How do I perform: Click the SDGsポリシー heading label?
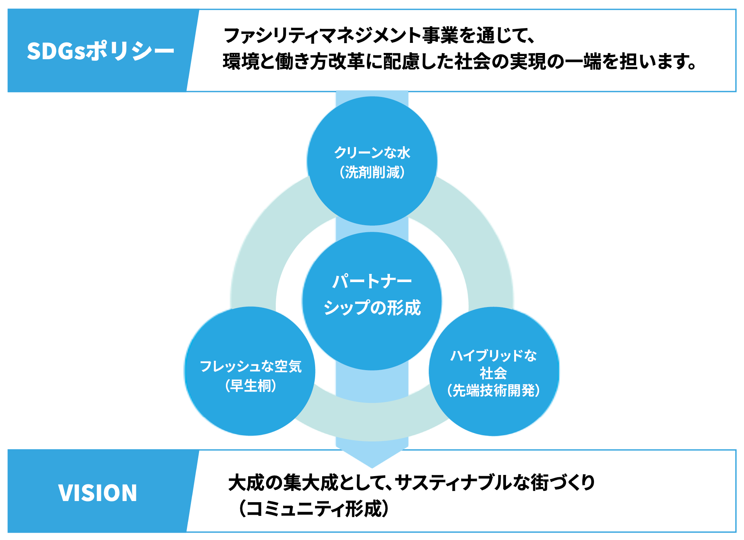pos(100,51)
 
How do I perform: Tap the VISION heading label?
pos(97,492)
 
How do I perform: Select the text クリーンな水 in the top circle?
pos(372,153)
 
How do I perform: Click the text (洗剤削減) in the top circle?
pos(372,172)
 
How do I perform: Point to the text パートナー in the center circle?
pos(372,281)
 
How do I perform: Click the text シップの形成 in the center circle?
pos(372,307)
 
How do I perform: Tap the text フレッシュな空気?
pos(250,366)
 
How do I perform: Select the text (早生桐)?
pos(250,386)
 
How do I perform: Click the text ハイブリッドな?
pos(493,355)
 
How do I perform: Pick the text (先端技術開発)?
pos(493,390)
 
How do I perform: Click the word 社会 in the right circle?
pos(493,373)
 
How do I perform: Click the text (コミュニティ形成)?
pos(314,508)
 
